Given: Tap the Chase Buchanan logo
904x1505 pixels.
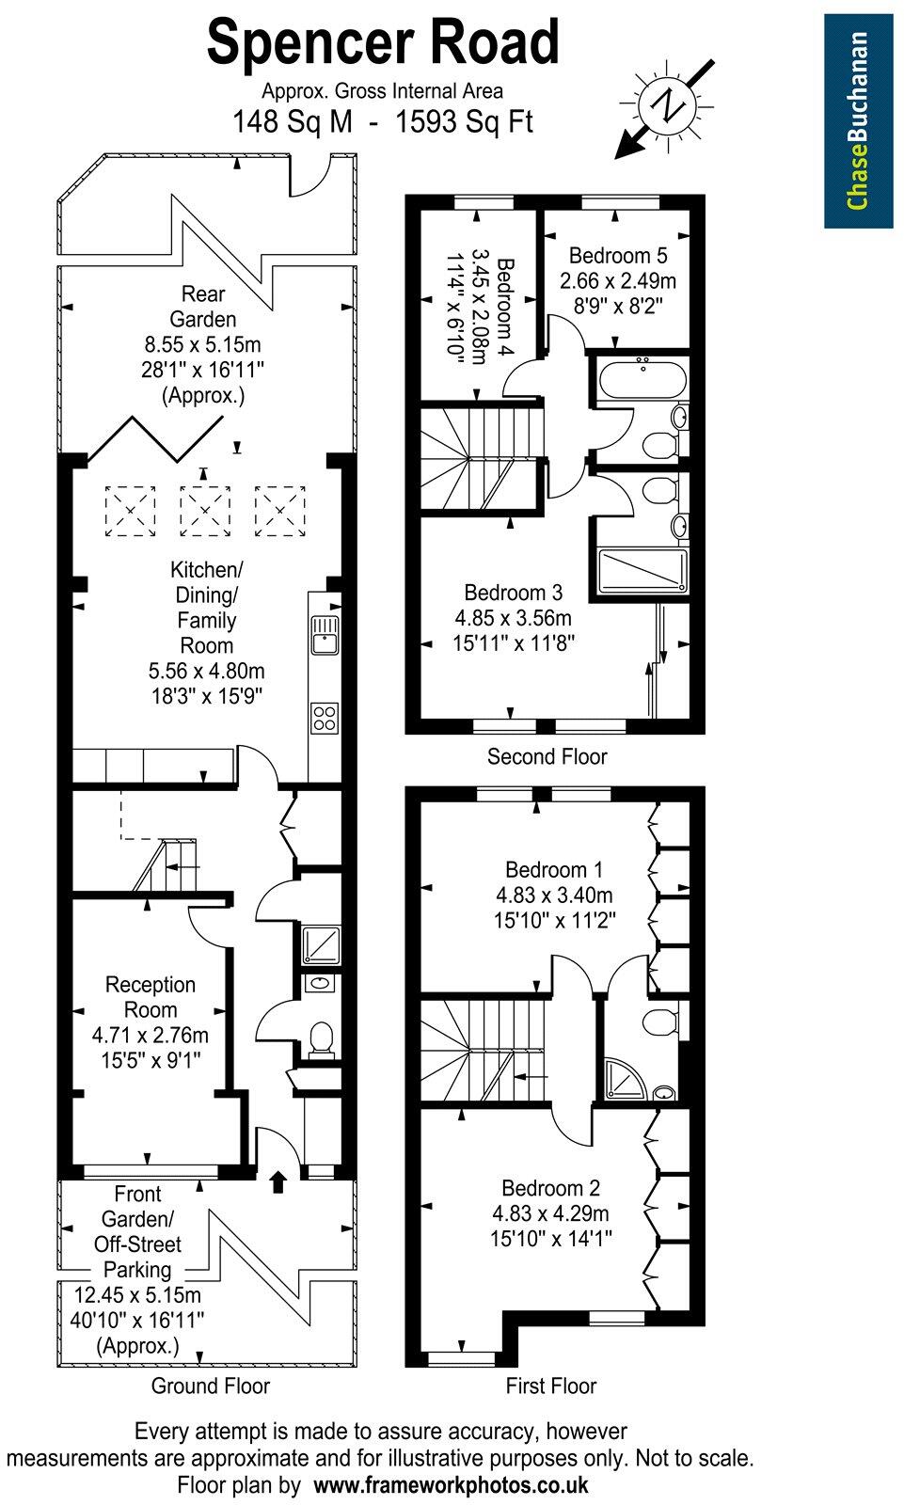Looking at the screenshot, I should click(x=858, y=120).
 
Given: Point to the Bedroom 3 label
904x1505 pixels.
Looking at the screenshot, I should click(x=513, y=593).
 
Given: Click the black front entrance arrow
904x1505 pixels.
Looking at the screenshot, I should click(x=278, y=1181).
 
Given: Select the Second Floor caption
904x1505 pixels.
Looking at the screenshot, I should click(x=547, y=756).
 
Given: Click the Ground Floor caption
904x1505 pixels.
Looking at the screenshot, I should click(x=211, y=1386).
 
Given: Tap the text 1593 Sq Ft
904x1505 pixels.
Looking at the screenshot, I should click(x=465, y=122).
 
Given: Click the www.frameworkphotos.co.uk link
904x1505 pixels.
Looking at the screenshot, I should click(x=451, y=1485).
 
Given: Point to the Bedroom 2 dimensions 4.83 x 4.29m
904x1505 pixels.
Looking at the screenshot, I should click(x=550, y=1213).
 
